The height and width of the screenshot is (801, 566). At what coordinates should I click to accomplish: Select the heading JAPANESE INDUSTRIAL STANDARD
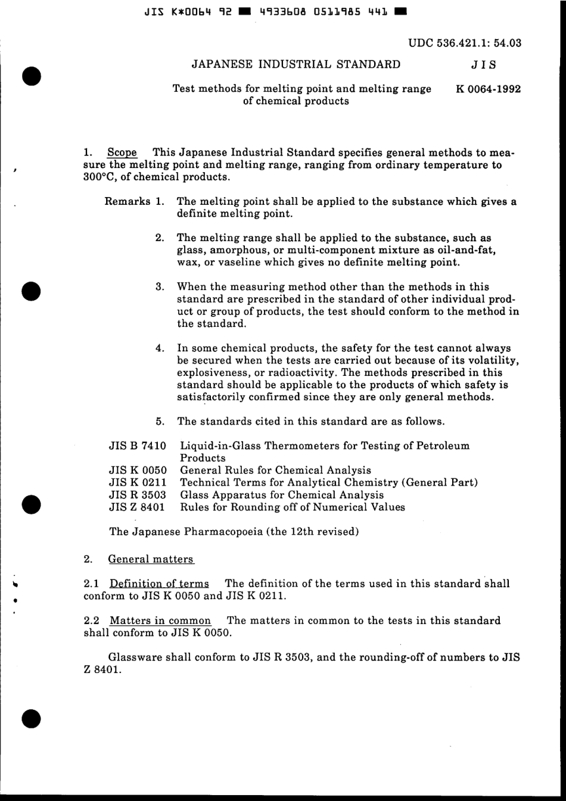[296, 64]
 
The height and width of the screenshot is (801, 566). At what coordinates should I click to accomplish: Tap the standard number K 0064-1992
[489, 89]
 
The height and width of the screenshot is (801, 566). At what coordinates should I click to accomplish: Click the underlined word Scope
[122, 152]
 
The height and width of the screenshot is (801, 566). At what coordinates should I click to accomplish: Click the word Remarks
[127, 201]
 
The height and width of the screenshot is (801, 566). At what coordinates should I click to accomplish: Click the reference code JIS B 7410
[137, 445]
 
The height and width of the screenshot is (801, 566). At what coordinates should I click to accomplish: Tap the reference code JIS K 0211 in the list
[137, 482]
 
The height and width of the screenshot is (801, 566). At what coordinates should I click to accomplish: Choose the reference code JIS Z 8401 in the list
[137, 507]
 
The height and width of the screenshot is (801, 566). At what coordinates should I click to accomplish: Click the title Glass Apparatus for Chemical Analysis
[282, 495]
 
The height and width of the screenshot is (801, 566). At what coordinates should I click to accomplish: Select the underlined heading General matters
[151, 559]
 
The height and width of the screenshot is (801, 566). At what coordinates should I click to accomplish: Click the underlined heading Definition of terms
[159, 584]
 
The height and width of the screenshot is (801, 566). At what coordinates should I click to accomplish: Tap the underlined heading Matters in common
[160, 621]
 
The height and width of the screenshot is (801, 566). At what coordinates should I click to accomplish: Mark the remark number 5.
[160, 422]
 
